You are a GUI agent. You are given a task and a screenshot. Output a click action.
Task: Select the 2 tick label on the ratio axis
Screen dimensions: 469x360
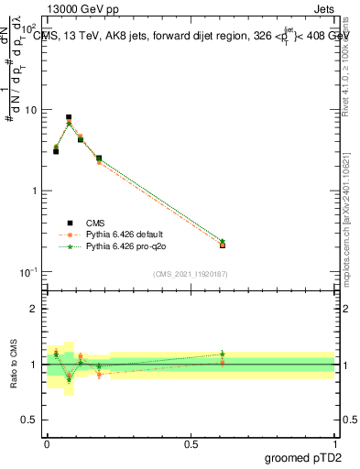point(34,309)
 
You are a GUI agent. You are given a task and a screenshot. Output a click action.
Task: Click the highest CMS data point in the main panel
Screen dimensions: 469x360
point(69,117)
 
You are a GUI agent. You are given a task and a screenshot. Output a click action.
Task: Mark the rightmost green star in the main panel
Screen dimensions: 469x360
point(223,241)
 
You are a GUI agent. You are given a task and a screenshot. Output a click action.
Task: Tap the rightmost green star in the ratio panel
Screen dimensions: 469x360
point(223,354)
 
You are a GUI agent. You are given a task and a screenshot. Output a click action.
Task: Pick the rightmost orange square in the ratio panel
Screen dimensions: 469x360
point(223,363)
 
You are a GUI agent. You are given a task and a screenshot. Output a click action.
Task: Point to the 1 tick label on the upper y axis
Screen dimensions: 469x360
point(34,191)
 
